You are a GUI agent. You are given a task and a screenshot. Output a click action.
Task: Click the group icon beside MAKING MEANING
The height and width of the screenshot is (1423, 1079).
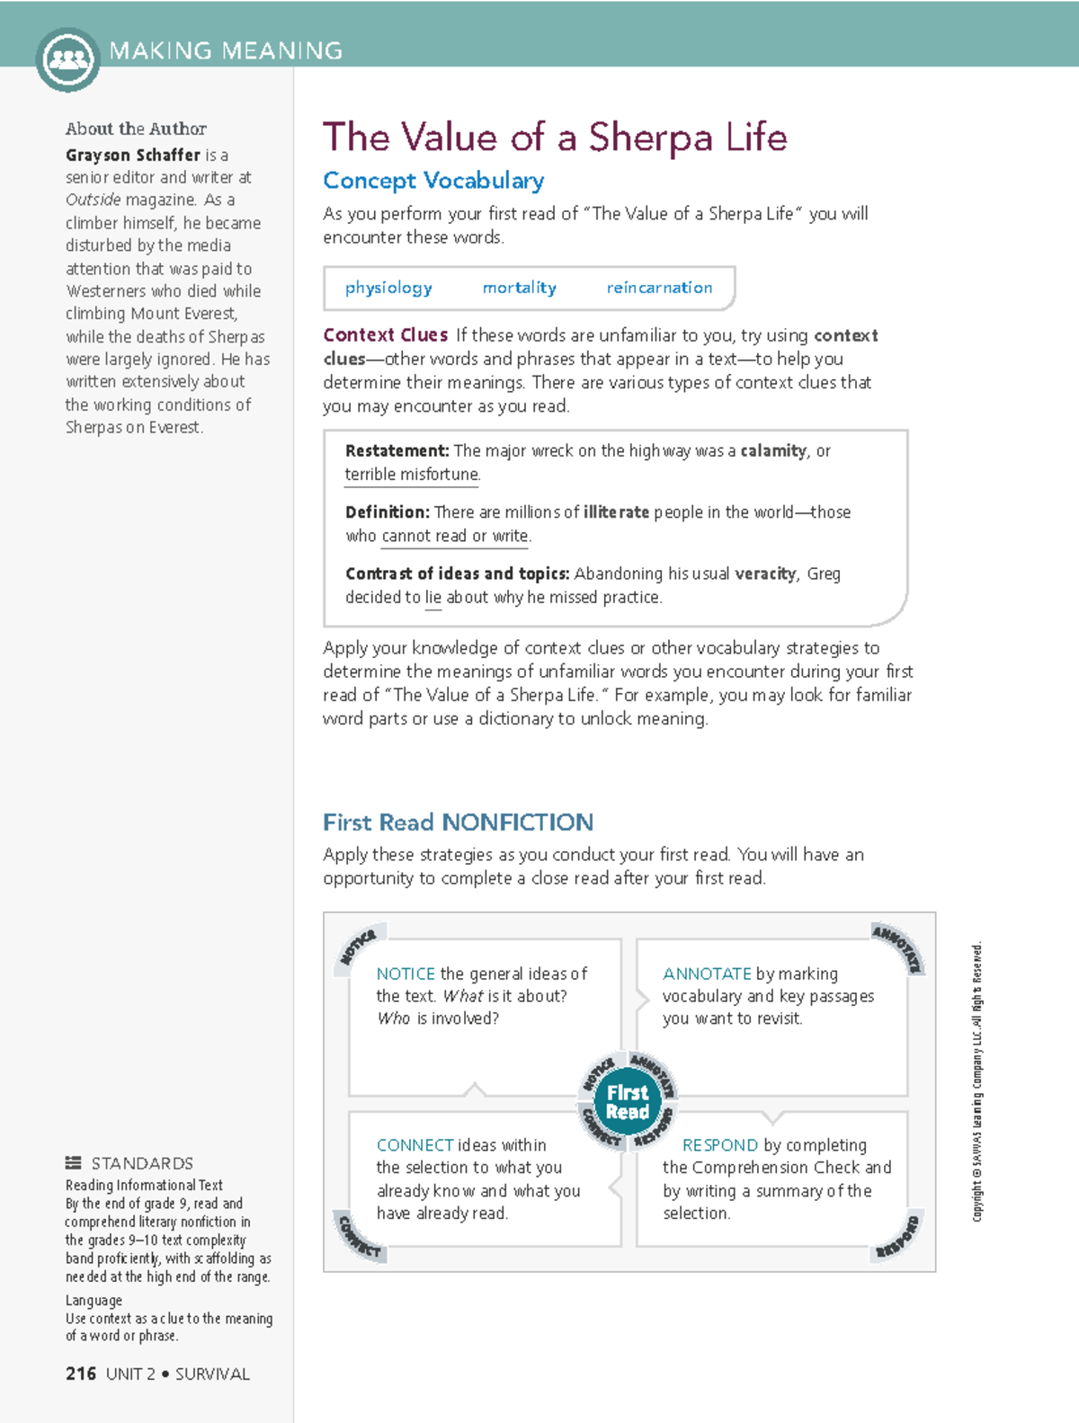click(x=67, y=60)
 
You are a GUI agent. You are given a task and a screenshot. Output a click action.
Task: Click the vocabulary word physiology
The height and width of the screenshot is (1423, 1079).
click(x=388, y=288)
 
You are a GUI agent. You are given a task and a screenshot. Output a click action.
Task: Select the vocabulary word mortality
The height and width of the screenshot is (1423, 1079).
click(x=519, y=288)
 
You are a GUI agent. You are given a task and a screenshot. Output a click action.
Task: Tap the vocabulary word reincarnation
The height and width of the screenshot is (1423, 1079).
click(x=659, y=288)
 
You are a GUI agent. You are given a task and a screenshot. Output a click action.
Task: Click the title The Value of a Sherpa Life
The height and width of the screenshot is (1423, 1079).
click(x=554, y=138)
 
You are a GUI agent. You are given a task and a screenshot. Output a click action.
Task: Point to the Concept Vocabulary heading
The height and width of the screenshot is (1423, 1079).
click(x=433, y=181)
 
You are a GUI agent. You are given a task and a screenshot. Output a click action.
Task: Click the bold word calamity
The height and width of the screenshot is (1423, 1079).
click(x=772, y=450)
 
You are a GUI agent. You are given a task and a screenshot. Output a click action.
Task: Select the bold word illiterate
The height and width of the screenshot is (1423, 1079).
click(x=616, y=511)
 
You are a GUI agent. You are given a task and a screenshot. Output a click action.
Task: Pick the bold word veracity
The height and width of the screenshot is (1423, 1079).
click(x=765, y=574)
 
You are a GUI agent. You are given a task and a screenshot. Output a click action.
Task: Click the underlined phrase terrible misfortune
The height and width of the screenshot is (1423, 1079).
click(x=412, y=475)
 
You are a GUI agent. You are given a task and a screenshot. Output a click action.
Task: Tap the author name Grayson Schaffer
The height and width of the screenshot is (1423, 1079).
click(x=133, y=155)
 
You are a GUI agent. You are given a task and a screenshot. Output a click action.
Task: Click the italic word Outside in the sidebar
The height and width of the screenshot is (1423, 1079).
click(x=93, y=200)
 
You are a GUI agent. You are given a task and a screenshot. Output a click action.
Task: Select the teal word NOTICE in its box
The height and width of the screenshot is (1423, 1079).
click(x=406, y=974)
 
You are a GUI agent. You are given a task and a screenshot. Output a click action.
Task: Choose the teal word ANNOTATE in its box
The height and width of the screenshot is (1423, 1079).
click(x=707, y=974)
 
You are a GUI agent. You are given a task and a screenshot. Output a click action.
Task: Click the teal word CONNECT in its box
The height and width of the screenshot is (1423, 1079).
click(x=415, y=1145)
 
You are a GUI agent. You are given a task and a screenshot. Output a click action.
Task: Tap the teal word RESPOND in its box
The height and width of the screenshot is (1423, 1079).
click(x=719, y=1145)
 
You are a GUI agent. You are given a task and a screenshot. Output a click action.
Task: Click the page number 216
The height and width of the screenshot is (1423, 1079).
click(x=81, y=1374)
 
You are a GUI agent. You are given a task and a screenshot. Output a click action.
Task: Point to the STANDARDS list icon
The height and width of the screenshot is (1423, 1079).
click(x=74, y=1162)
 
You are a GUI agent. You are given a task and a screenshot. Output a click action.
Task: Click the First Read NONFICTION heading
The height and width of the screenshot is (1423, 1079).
click(x=458, y=823)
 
